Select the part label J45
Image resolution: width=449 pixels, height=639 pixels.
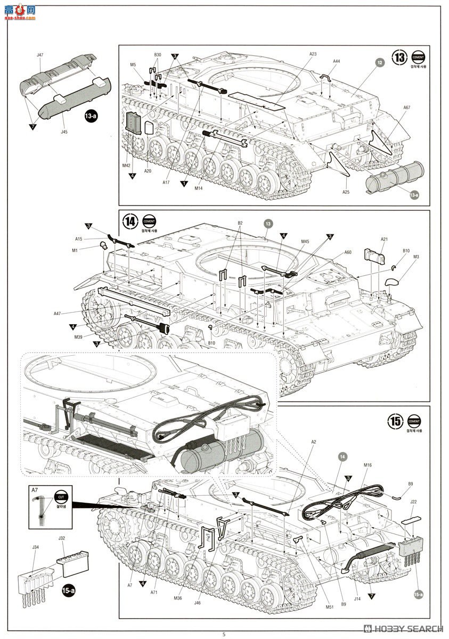click(64, 132)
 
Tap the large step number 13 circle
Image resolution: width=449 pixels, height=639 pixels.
click(399, 57)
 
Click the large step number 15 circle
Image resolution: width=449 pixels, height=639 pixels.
click(396, 421)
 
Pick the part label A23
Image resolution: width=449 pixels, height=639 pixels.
click(313, 54)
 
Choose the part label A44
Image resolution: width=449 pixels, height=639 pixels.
click(336, 61)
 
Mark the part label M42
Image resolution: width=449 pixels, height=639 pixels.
click(126, 166)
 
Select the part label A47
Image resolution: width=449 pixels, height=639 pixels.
click(58, 314)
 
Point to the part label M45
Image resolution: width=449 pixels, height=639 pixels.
click(305, 242)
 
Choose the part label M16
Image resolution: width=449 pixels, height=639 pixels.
click(368, 465)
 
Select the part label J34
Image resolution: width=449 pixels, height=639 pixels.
click(36, 547)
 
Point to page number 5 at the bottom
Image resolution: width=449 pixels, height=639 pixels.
click(224, 634)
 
